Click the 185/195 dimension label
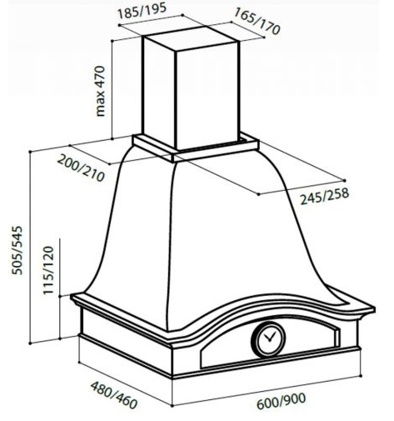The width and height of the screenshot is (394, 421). (142, 11)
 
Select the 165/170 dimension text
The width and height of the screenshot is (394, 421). (257, 21)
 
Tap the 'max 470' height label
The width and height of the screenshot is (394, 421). (100, 91)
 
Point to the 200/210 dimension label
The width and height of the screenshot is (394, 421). (81, 168)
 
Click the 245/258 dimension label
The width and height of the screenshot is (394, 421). (324, 196)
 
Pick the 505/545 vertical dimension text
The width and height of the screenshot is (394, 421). (17, 250)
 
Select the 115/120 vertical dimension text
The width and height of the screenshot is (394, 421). (48, 270)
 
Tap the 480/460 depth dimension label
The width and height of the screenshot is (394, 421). (114, 394)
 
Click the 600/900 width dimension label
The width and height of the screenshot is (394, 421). (281, 400)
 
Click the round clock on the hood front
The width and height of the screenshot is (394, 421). (268, 339)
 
